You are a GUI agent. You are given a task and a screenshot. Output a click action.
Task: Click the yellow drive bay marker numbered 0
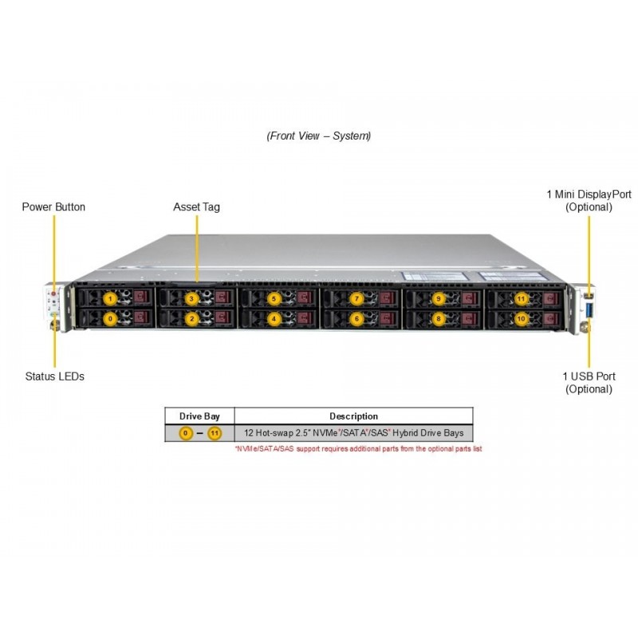(111, 318)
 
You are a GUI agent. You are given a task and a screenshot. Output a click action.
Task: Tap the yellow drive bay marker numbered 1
(111, 298)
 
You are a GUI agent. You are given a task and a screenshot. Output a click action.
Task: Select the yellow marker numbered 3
(191, 298)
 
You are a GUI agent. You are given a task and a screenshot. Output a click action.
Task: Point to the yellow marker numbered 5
(274, 298)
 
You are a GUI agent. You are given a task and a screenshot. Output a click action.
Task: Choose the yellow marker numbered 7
(356, 298)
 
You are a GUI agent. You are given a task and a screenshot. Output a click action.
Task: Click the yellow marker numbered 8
(438, 318)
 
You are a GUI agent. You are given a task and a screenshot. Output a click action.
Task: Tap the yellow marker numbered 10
(521, 318)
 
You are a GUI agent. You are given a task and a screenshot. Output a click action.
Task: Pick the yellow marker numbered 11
(521, 298)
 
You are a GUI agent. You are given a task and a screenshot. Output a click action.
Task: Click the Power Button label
(53, 207)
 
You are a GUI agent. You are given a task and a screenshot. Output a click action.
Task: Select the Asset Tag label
(196, 207)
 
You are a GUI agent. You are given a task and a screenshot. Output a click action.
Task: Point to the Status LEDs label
(54, 376)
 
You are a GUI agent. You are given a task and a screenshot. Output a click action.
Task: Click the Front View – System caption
(318, 136)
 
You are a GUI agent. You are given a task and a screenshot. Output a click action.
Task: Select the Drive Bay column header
(199, 415)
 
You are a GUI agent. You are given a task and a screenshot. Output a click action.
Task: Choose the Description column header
(353, 415)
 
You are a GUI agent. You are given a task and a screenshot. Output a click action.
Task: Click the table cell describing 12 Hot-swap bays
(353, 433)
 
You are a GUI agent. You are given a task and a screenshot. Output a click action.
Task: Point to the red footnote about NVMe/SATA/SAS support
(358, 449)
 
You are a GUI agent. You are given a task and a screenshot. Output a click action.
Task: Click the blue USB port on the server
(590, 308)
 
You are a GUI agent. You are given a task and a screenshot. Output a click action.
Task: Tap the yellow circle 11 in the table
(214, 433)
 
